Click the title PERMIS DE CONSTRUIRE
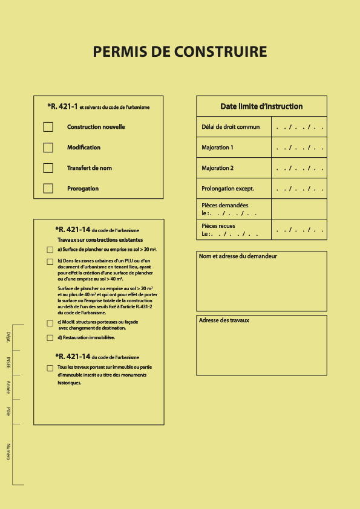coord(180,52)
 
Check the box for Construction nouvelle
coord(48,127)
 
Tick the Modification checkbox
coord(48,148)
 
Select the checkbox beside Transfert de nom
coord(48,168)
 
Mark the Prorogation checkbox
coord(48,189)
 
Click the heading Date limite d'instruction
coord(261,106)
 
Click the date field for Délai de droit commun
coord(299,127)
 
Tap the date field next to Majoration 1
coord(299,148)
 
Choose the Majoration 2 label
coord(217,168)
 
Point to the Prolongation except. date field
coord(299,189)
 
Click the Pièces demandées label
coord(224,206)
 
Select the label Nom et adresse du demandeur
coord(238,256)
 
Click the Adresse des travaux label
coord(224,320)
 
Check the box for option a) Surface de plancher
coord(50,250)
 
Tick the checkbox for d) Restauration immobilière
coord(50,338)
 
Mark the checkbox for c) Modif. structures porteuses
coord(50,323)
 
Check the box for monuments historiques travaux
coord(50,368)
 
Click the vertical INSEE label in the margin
coord(8,362)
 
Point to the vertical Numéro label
coord(8,452)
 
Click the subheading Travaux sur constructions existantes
coord(100,240)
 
